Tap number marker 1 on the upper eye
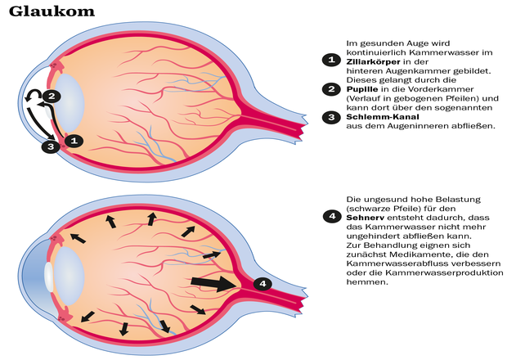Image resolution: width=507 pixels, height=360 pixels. pos(74,141)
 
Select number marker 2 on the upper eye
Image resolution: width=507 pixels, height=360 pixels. pos(51,97)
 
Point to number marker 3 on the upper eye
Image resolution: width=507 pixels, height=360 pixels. pos(51,146)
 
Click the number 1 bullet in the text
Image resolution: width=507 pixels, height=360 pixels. pos(330,60)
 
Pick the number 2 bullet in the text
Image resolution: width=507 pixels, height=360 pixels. pos(330,88)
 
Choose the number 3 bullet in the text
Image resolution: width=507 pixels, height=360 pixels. pos(330,117)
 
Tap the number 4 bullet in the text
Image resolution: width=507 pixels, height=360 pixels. pos(330,216)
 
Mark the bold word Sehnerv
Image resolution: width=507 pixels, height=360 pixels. pos(367,216)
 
